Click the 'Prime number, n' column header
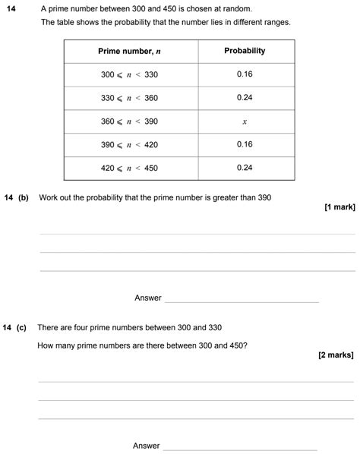point(131,51)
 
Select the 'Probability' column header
point(245,51)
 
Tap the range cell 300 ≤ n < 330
point(131,74)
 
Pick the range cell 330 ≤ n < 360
point(131,98)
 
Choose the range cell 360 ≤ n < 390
point(131,121)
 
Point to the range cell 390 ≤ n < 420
point(131,144)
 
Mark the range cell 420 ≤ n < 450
point(131,167)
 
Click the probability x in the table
point(245,121)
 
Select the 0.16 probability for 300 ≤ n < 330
point(245,74)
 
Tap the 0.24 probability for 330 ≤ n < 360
point(245,98)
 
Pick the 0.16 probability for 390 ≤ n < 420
point(245,144)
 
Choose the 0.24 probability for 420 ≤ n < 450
point(245,167)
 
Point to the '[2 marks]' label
point(336,355)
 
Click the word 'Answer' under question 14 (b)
point(148,298)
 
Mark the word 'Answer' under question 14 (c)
point(147,446)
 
